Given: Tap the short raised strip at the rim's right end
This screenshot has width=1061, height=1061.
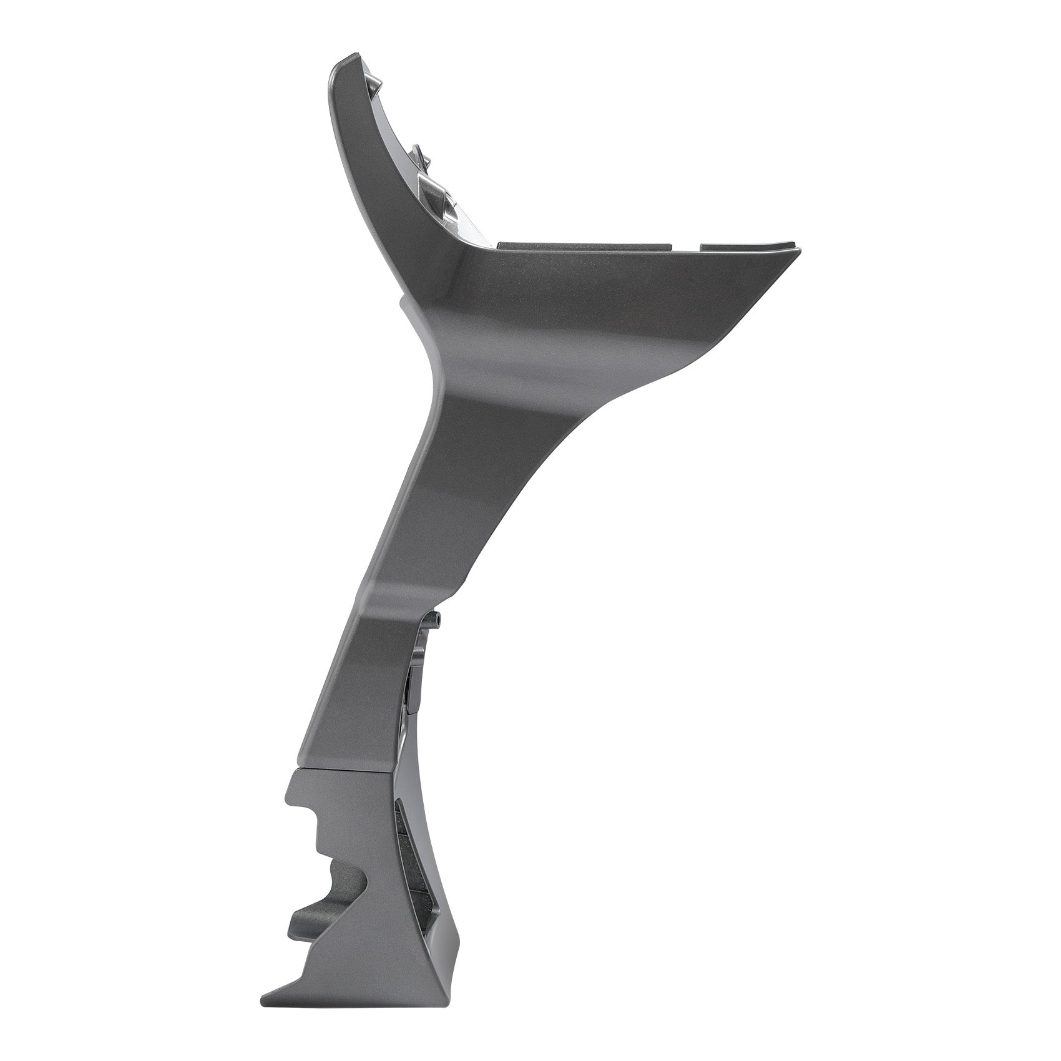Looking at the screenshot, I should (x=749, y=247).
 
